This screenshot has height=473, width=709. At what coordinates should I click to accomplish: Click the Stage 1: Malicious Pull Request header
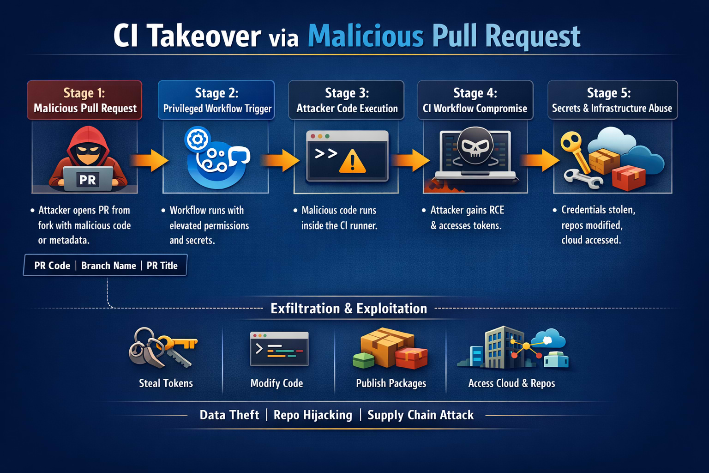click(x=84, y=100)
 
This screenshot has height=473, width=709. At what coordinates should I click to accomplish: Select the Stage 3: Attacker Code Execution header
click(x=346, y=100)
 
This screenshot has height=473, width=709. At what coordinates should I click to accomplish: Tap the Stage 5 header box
click(x=612, y=100)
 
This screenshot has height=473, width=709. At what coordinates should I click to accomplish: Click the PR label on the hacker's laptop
click(x=88, y=179)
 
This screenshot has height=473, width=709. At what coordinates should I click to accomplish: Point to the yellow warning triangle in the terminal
click(x=353, y=162)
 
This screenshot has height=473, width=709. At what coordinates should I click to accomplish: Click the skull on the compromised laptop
click(x=475, y=146)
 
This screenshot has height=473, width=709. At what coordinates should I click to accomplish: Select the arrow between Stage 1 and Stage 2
click(x=150, y=160)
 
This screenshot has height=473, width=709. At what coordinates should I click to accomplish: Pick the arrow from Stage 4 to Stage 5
click(x=539, y=160)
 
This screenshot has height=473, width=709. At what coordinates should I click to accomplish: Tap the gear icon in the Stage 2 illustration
click(x=198, y=139)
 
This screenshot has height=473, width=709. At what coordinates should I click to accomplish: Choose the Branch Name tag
click(x=108, y=266)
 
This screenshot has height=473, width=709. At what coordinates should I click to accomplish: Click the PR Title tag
click(x=162, y=266)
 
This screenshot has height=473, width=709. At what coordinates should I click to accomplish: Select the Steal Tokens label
click(x=166, y=383)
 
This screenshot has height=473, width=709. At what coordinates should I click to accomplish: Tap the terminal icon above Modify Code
click(x=279, y=349)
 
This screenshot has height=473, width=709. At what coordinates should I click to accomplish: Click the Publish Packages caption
click(x=391, y=383)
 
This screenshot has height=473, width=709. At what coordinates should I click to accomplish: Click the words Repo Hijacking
click(x=312, y=415)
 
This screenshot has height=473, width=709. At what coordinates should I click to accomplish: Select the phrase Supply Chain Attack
click(x=421, y=415)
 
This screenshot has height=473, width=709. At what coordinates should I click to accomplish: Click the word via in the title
click(x=284, y=38)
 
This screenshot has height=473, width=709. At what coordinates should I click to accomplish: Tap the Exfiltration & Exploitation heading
click(x=348, y=308)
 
